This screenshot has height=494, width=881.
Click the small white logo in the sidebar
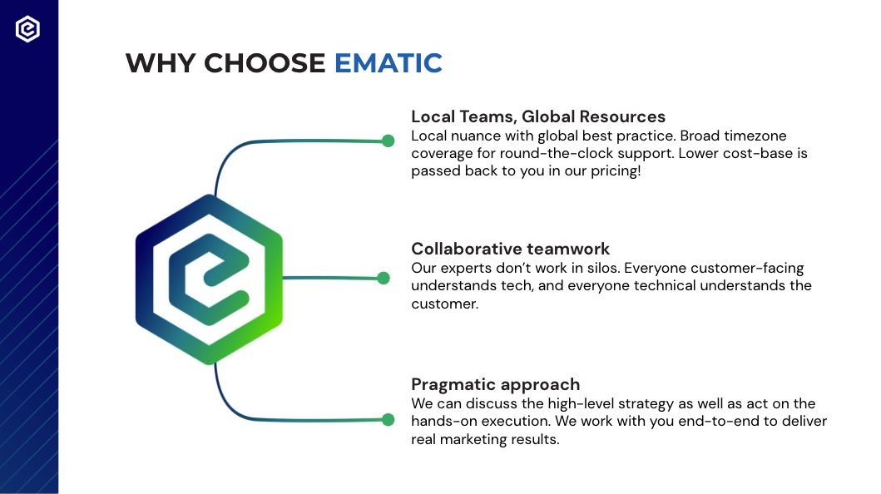[x=27, y=29]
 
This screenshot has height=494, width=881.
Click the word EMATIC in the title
[x=389, y=63]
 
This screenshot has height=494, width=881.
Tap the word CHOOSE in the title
[x=265, y=63]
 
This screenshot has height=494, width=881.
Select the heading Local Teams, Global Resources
[x=538, y=116]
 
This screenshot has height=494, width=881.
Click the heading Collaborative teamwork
[x=510, y=249]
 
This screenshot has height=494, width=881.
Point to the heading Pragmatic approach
[x=496, y=384]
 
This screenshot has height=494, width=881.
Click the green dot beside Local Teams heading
[x=388, y=141]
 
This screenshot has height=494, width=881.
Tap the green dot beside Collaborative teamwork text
[x=384, y=278]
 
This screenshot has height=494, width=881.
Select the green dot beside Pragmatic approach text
[x=388, y=419]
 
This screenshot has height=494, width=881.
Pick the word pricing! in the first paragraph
[x=616, y=171]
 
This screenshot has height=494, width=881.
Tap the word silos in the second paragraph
[x=603, y=268]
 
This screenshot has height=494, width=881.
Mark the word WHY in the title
[x=160, y=63]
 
